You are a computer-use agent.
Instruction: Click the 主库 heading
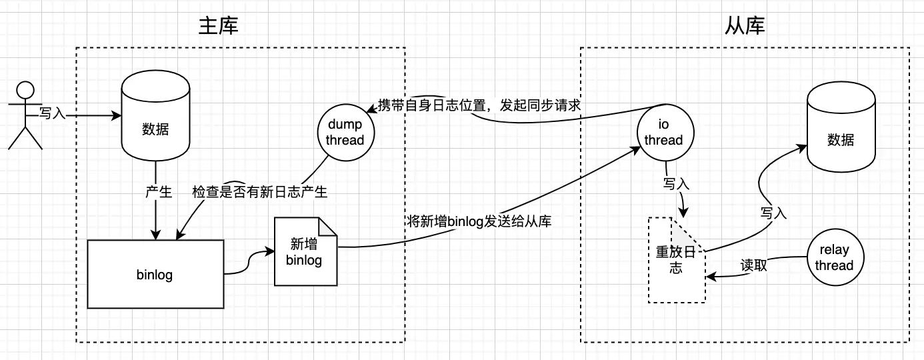(x=219, y=26)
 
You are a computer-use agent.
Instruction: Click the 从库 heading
(x=745, y=26)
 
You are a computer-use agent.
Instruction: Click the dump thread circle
(x=345, y=132)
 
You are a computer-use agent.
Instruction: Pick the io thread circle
(x=663, y=132)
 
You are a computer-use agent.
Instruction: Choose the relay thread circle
(x=834, y=258)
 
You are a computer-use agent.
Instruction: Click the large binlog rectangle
(x=155, y=274)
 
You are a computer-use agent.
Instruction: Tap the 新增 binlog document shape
(x=304, y=253)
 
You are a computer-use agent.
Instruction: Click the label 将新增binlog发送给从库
(x=479, y=221)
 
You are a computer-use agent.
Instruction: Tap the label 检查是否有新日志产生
(x=260, y=192)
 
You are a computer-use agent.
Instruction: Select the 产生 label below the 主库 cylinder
(x=159, y=192)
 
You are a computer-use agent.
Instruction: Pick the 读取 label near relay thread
(x=754, y=265)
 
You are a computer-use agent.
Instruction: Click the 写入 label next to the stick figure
(x=53, y=114)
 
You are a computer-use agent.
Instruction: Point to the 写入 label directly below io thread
(x=676, y=183)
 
